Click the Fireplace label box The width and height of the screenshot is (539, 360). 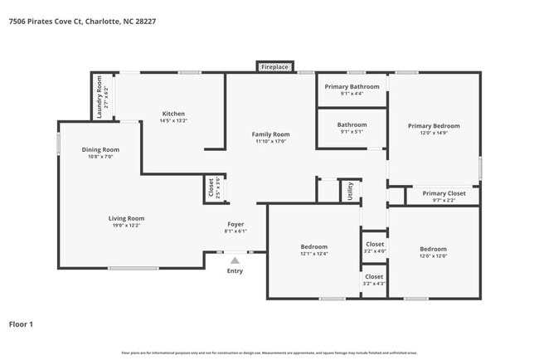[x=274, y=66]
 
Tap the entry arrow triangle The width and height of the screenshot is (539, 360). [x=235, y=260]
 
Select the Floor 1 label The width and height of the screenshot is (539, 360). [x=21, y=324]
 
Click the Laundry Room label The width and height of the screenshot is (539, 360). [x=99, y=96]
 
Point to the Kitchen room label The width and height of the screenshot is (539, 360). [x=173, y=114]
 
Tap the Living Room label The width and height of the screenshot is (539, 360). [x=126, y=218]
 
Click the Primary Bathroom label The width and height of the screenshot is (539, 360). [x=352, y=86]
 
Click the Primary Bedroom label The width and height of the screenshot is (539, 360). [x=434, y=126]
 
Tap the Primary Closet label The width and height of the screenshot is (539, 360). [x=444, y=193]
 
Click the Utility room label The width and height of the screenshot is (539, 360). [x=350, y=191]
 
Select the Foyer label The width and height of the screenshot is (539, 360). [x=236, y=224]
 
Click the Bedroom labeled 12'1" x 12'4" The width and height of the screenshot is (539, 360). [x=313, y=246]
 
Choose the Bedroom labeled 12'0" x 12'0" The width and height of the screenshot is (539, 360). [x=433, y=249]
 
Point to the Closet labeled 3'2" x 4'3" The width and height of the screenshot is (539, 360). [x=374, y=280]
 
